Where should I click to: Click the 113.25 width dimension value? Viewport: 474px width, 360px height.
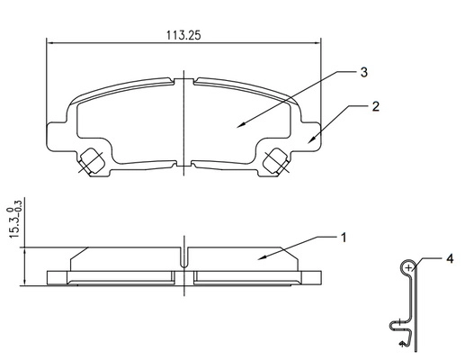point(183,35)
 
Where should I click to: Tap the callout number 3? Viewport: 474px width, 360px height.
point(364,72)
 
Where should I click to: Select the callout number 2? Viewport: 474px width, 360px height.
point(375,106)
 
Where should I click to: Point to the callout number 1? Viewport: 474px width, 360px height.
point(344,238)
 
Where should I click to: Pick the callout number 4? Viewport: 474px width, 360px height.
point(450,258)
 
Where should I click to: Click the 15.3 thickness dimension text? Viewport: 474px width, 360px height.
point(14,219)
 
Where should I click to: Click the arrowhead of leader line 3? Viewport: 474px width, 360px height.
point(240,125)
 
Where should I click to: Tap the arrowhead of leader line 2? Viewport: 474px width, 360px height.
point(311,140)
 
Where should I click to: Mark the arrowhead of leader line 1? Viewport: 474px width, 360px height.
point(262,257)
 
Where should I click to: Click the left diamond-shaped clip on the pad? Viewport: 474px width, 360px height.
point(92,160)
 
